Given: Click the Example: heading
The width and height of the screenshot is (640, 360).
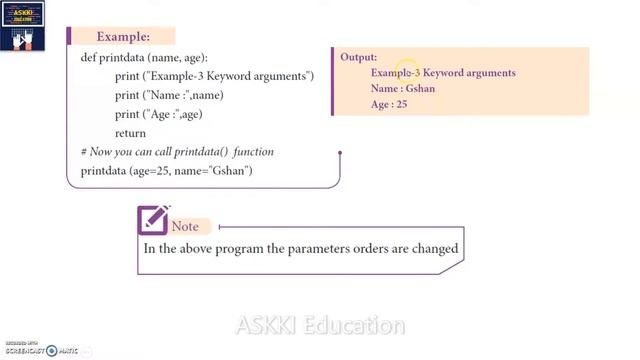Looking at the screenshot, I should tap(122, 37).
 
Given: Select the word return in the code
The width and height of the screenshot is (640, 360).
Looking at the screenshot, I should tap(130, 133).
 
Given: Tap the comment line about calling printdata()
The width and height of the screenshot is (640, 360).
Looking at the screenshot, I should tap(177, 152).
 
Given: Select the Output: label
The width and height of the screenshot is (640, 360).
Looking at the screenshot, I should tap(358, 57).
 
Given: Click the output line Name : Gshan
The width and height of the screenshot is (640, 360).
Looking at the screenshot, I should tap(402, 88).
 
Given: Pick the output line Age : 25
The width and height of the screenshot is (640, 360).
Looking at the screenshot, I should tap(388, 104).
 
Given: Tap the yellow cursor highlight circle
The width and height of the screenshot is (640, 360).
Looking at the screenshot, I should tap(407, 69).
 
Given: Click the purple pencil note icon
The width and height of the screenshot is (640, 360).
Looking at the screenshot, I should tap(152, 219).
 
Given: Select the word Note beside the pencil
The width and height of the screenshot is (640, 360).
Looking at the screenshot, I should tap(185, 227).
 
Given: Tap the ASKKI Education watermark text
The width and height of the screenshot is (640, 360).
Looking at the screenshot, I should tap(320, 326).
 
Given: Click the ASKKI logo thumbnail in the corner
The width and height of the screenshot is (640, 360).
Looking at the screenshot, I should tap(22, 24).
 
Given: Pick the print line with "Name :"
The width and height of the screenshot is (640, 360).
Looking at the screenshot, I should tap(168, 95).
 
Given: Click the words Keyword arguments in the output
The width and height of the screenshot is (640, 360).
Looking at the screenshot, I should tap(469, 73).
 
